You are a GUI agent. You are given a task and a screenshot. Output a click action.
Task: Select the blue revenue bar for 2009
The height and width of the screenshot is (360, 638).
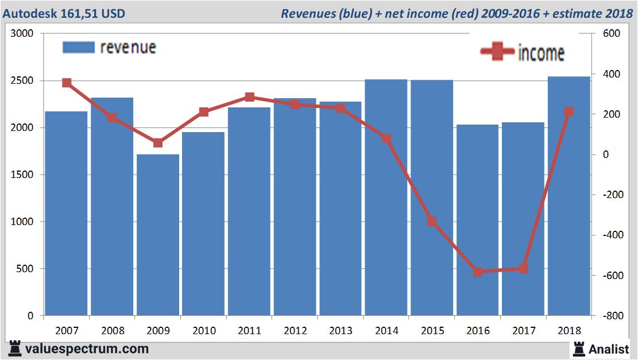click(158, 235)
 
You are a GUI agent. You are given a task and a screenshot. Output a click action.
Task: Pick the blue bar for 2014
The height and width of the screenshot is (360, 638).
click(386, 198)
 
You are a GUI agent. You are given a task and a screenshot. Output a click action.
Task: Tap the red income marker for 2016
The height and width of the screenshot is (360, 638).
click(478, 272)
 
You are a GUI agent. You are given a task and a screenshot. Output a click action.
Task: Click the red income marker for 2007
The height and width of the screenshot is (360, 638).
click(67, 83)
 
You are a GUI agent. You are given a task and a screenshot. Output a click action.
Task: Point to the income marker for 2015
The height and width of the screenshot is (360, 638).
click(432, 221)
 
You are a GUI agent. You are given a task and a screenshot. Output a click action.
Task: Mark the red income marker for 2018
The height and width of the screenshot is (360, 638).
click(569, 111)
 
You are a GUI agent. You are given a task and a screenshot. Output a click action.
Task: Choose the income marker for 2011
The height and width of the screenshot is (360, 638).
click(249, 97)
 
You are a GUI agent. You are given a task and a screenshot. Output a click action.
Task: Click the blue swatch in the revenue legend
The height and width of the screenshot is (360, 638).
click(78, 47)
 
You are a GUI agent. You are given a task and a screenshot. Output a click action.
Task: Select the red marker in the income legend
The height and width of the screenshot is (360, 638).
click(497, 52)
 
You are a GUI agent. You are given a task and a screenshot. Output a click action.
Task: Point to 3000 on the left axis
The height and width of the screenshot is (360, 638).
click(22, 34)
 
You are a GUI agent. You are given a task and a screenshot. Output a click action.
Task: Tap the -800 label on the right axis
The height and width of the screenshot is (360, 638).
click(610, 316)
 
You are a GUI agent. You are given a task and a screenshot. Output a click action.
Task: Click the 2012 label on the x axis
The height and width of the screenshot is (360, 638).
click(295, 331)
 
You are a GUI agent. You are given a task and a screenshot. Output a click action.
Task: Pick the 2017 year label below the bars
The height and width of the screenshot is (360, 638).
click(523, 331)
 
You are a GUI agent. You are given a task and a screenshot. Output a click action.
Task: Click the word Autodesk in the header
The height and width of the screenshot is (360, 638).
click(26, 13)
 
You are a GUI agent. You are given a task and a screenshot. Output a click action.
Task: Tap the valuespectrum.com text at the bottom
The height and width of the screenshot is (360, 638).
click(87, 349)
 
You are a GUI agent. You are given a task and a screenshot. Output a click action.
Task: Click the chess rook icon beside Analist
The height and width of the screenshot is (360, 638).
click(579, 349)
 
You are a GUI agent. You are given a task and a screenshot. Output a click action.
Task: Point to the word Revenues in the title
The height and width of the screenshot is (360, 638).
click(306, 13)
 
